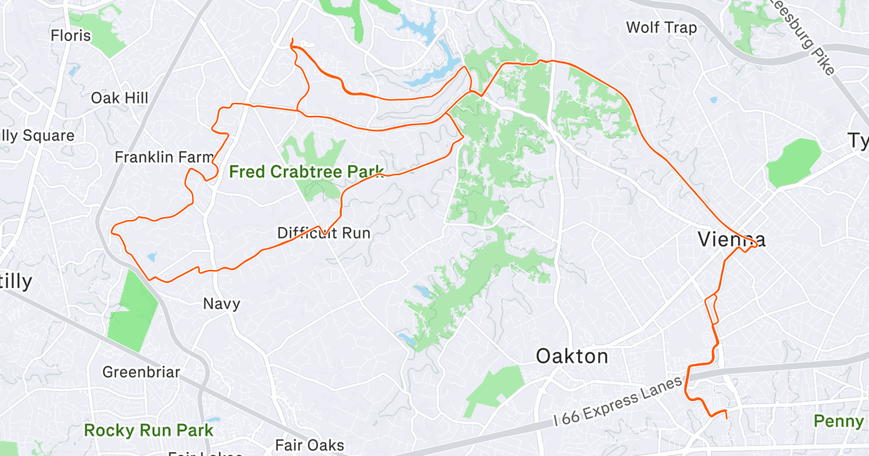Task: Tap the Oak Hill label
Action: coord(119,98)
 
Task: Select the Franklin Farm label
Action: coord(164,156)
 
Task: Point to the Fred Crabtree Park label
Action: coord(306,172)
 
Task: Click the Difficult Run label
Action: coord(324,233)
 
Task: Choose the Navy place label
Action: coord(221,303)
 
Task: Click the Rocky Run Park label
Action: coord(148,430)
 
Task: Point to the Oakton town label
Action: coord(571,356)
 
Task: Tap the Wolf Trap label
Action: coord(661,28)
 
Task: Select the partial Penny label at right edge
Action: coord(839,421)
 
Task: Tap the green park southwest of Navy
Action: coord(132,307)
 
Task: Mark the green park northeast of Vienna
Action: coord(794,163)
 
